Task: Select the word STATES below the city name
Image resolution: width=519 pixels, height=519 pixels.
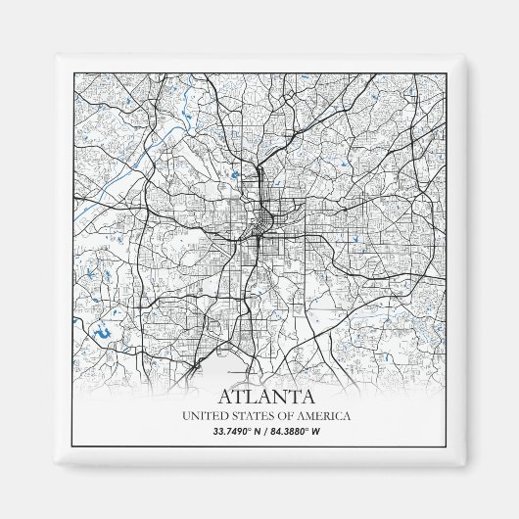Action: pyautogui.click(x=254, y=417)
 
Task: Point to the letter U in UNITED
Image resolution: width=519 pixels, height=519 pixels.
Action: pyautogui.click(x=186, y=417)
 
